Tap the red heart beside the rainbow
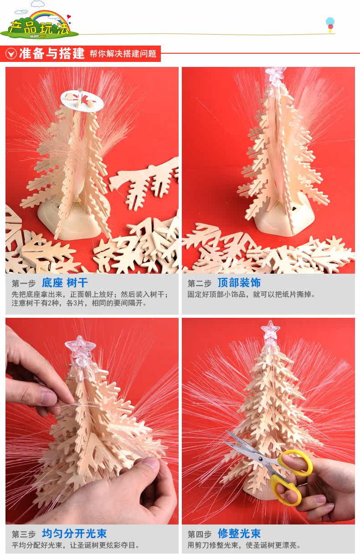69,17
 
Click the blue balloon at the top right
330,21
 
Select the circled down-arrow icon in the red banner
11,54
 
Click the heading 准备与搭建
52,53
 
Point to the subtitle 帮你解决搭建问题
123,54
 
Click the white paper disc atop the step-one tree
82,101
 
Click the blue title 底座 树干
65,283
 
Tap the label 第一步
24,284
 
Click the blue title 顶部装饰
239,283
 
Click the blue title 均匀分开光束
74,534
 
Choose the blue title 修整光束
239,534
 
